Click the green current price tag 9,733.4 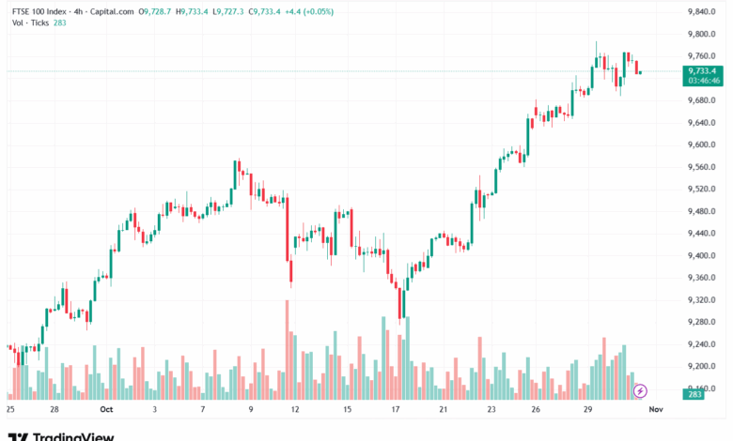[x=702, y=70]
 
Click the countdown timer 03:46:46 [x=702, y=81]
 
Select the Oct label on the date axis [x=105, y=410]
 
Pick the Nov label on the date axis [x=657, y=410]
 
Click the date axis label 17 [x=397, y=410]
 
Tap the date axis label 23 [x=491, y=410]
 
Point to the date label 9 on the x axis [x=251, y=410]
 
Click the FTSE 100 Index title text [x=39, y=12]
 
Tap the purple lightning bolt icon [x=640, y=390]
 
